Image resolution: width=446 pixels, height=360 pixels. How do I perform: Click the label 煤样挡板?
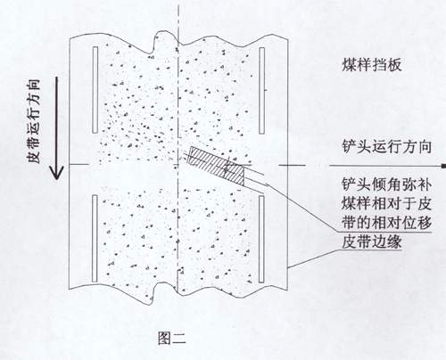tap(372, 65)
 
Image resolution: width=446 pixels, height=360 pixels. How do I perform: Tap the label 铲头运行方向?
tap(387, 147)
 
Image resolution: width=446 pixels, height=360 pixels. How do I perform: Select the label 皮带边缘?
tap(372, 241)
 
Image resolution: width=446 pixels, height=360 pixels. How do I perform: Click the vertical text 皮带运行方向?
tap(34, 121)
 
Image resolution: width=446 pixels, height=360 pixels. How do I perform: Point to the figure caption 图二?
tap(172, 338)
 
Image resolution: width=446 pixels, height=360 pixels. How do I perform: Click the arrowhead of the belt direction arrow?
tap(56, 173)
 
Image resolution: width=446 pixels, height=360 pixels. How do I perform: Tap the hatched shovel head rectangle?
tap(218, 167)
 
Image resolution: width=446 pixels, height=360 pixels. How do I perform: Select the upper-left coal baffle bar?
tap(95, 90)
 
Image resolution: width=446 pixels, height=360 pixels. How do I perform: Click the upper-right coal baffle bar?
tap(262, 91)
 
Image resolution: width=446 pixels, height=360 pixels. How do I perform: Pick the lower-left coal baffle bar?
tap(95, 238)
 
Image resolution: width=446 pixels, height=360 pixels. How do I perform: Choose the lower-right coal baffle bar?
tap(261, 239)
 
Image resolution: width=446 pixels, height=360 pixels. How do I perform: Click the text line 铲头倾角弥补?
tap(387, 184)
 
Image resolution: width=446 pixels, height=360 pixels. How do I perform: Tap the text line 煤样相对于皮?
tap(387, 204)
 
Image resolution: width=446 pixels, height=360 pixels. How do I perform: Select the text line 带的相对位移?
tap(387, 223)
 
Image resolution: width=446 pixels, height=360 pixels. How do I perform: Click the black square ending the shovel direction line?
tap(443, 166)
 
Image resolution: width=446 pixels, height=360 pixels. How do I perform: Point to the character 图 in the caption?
tap(164, 338)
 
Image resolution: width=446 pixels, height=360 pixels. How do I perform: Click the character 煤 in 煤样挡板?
tap(350, 65)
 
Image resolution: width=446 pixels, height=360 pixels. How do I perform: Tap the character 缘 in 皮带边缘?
tap(394, 241)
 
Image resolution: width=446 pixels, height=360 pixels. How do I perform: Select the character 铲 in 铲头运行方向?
tap(350, 147)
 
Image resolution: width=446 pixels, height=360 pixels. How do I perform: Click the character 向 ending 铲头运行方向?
tap(425, 147)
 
